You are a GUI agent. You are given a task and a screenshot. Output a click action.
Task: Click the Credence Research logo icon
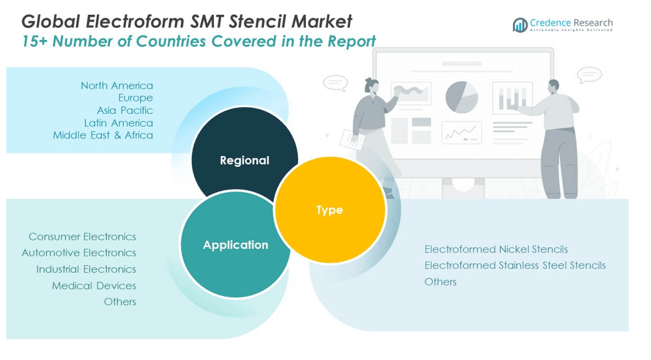(x=519, y=25)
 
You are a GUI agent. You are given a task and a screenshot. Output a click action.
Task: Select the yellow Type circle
(x=330, y=210)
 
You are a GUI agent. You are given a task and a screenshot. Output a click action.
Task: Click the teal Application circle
(x=235, y=245)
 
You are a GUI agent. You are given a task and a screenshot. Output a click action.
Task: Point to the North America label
(x=117, y=85)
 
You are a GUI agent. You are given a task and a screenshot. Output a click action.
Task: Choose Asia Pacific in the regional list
(x=125, y=110)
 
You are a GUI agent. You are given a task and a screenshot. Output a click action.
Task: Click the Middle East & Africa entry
(x=103, y=135)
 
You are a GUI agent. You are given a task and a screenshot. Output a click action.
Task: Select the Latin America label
(x=119, y=122)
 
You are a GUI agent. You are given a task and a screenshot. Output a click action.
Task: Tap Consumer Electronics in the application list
(x=82, y=236)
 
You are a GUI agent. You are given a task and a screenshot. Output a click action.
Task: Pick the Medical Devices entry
(x=94, y=285)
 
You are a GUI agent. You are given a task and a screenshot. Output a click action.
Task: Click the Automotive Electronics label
(x=79, y=252)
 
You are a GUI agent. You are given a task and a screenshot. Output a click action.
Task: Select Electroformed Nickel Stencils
(x=496, y=249)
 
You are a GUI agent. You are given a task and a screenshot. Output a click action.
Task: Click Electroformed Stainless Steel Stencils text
(x=515, y=265)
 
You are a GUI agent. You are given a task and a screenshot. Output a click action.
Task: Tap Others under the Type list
(x=440, y=281)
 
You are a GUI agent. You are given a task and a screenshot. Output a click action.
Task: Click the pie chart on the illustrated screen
(x=461, y=97)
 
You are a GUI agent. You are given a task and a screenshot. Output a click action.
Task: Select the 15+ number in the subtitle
(x=33, y=42)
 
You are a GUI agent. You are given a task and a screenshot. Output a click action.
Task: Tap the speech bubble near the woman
(x=335, y=83)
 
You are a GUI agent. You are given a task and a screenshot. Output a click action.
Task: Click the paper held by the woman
(x=351, y=139)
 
